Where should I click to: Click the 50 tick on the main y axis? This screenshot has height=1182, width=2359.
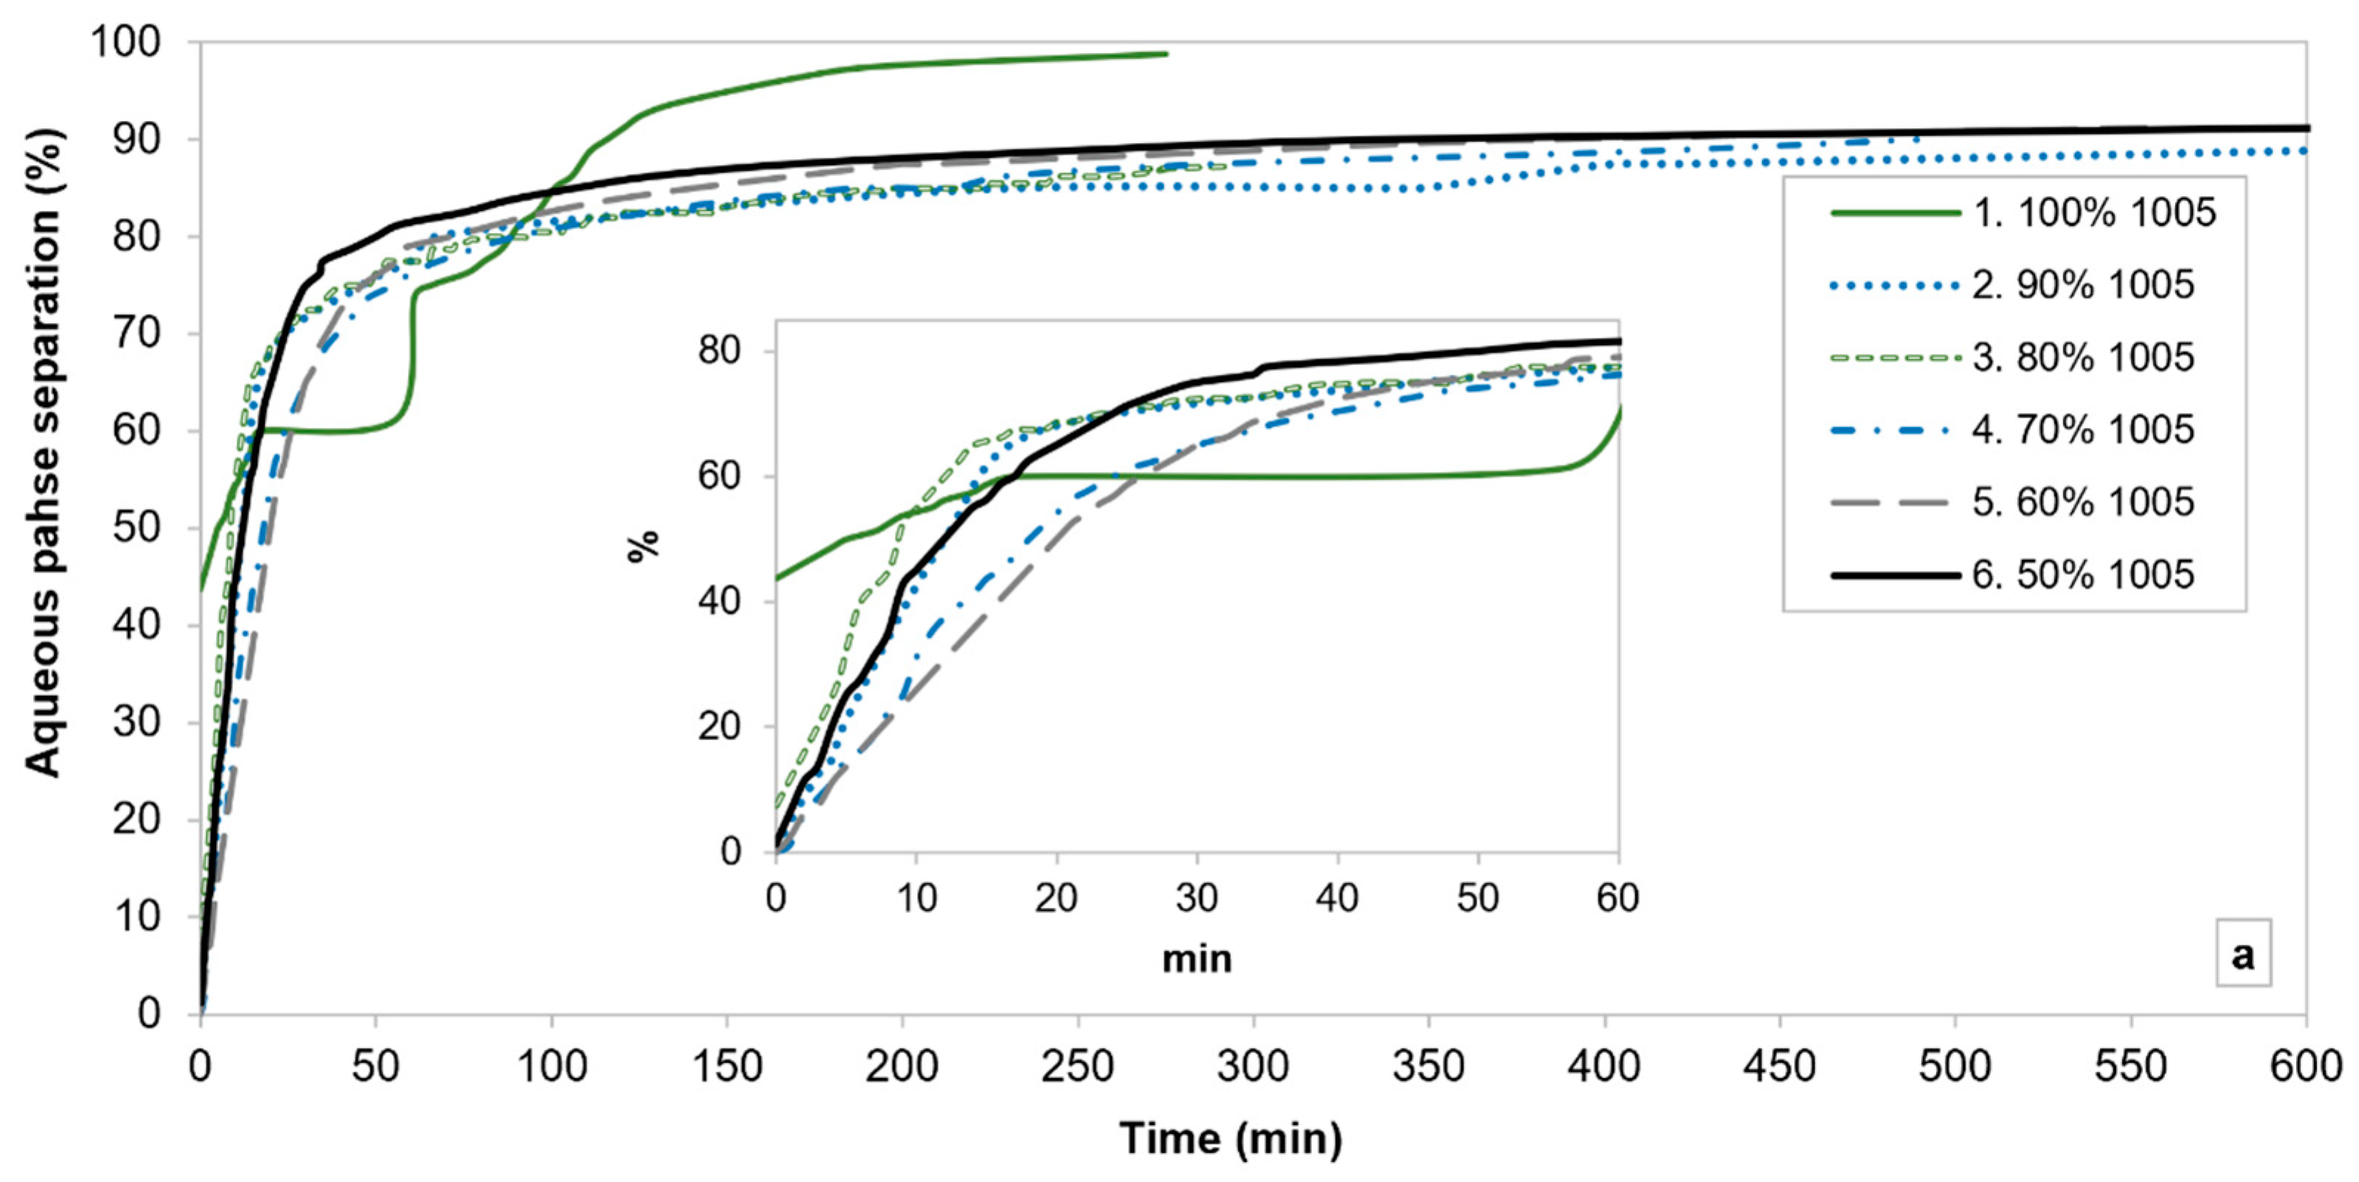point(137,528)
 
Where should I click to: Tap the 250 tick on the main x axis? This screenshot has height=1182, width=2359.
point(1077,1067)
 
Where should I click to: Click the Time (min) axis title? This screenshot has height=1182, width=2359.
point(1231,1138)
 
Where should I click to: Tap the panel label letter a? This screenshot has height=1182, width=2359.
point(2242,955)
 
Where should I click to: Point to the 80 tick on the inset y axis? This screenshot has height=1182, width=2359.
point(719,352)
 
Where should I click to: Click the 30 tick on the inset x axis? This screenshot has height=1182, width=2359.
point(1196,898)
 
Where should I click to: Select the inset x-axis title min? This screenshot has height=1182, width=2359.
point(1196,958)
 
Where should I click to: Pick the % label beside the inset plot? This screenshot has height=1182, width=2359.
point(643,546)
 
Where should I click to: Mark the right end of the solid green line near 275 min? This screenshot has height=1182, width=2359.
point(1167,54)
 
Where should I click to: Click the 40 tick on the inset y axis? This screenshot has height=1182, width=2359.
point(719,601)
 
